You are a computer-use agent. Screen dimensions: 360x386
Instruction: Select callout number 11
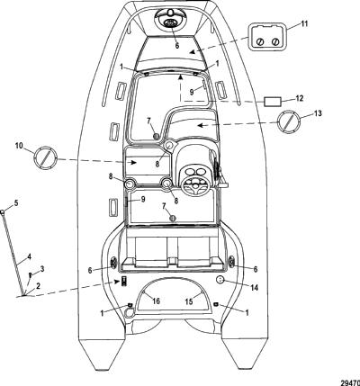coord(304,23)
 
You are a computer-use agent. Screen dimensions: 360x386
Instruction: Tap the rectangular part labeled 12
coord(273,102)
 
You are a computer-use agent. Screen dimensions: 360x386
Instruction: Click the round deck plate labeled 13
coord(288,121)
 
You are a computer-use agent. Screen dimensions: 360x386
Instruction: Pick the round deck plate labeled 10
coord(46,157)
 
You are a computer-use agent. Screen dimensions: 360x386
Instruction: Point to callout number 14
coord(254,288)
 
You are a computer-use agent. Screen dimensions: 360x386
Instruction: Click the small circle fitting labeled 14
coord(220,280)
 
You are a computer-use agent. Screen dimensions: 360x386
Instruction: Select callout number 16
coord(157,301)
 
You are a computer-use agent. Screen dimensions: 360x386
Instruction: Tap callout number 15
coord(189,301)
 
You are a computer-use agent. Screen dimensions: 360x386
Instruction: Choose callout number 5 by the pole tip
coord(16,202)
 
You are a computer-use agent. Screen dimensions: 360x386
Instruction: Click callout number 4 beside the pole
coord(29,256)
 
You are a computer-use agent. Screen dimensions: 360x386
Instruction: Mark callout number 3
coord(42,269)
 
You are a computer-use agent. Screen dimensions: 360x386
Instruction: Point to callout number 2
coord(38,286)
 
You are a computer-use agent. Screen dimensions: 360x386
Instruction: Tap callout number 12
coord(300,98)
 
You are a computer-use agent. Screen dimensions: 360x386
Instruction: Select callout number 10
coord(19,146)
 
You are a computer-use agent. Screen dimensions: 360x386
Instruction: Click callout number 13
coord(318,113)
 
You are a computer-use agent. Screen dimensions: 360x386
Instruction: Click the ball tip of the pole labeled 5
coord(3,212)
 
